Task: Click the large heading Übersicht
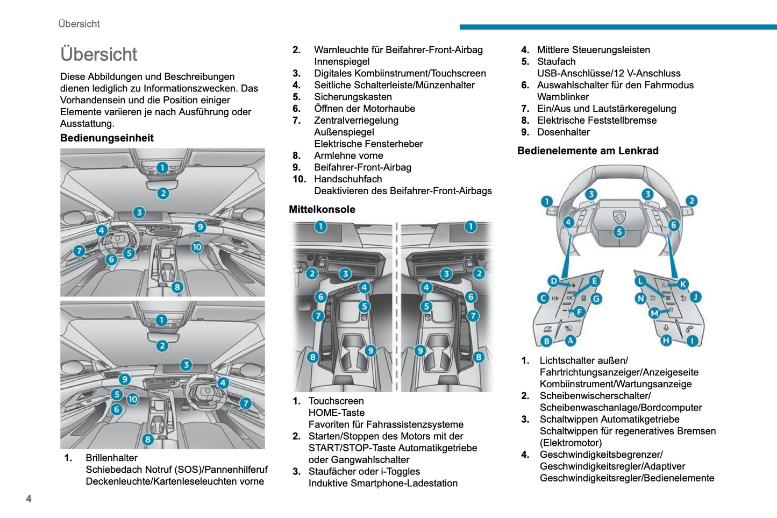click(99, 54)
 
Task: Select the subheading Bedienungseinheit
click(107, 138)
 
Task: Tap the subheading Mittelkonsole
click(322, 210)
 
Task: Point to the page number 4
click(28, 499)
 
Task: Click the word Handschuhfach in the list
click(348, 179)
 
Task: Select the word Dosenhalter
click(563, 132)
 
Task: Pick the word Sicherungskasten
click(353, 97)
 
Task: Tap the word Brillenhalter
click(111, 458)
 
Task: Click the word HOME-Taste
click(336, 413)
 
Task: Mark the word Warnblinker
click(562, 97)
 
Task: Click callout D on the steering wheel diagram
click(553, 281)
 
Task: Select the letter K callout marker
click(683, 284)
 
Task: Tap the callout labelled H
click(666, 340)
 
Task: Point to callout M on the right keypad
click(654, 313)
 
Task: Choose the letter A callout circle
click(570, 340)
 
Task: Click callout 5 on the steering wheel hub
click(619, 232)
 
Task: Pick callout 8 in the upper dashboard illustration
click(177, 287)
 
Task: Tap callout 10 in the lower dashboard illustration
click(132, 399)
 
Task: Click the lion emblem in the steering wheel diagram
click(619, 217)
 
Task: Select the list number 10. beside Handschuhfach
click(299, 179)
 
